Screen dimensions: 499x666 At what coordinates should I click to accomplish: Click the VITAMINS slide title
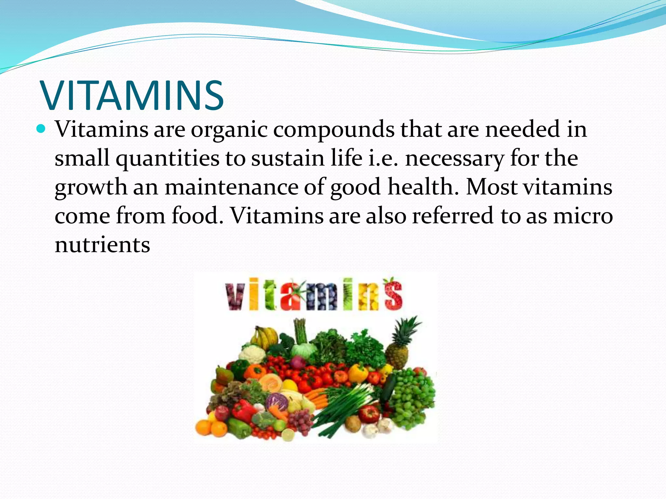(132, 96)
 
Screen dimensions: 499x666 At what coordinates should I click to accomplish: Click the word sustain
(288, 159)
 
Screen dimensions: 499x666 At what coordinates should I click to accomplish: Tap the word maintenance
(231, 187)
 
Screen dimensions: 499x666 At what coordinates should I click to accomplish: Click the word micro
(583, 216)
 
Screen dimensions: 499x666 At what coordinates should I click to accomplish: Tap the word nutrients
(102, 245)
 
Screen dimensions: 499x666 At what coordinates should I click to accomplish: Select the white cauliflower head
(252, 354)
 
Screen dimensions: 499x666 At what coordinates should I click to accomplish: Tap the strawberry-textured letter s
(393, 294)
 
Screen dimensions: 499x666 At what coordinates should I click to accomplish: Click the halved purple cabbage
(277, 402)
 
